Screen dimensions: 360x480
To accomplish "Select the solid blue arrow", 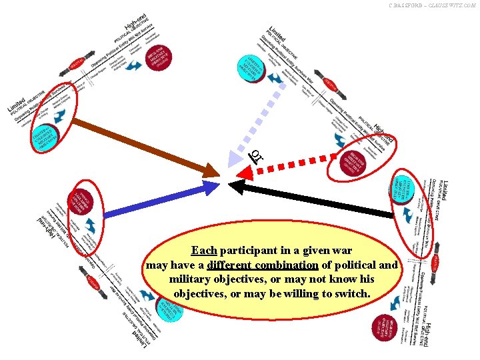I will click(160, 201).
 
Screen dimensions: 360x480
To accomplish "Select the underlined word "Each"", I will click(203, 251).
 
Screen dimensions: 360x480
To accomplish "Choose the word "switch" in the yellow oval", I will click(353, 293).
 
